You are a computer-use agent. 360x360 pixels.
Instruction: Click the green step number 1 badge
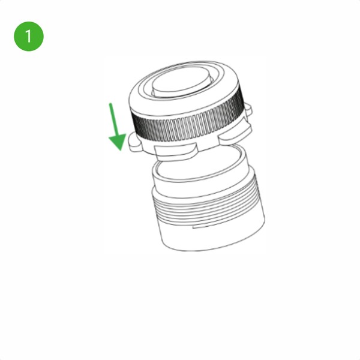coord(29,36)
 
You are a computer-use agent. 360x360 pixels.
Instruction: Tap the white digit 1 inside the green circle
coord(28,36)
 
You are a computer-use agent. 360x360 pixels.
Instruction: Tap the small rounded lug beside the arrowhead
coord(135,143)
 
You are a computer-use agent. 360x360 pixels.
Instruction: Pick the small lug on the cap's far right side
coord(248,109)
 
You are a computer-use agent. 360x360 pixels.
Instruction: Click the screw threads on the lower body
coord(208,202)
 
